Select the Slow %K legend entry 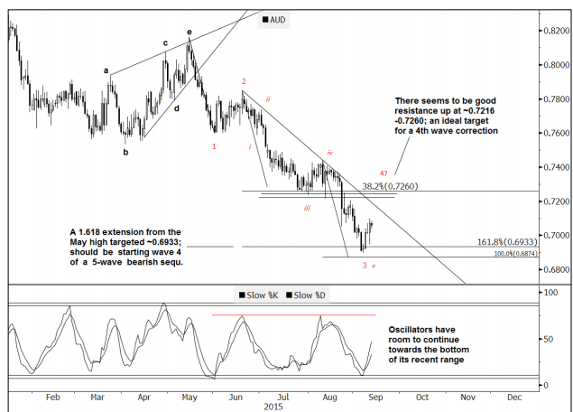click(x=261, y=295)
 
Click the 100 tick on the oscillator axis click(x=548, y=294)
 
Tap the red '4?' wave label click(x=384, y=174)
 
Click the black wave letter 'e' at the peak click(x=189, y=33)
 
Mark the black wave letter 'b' click(x=125, y=152)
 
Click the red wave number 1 click(x=214, y=145)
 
